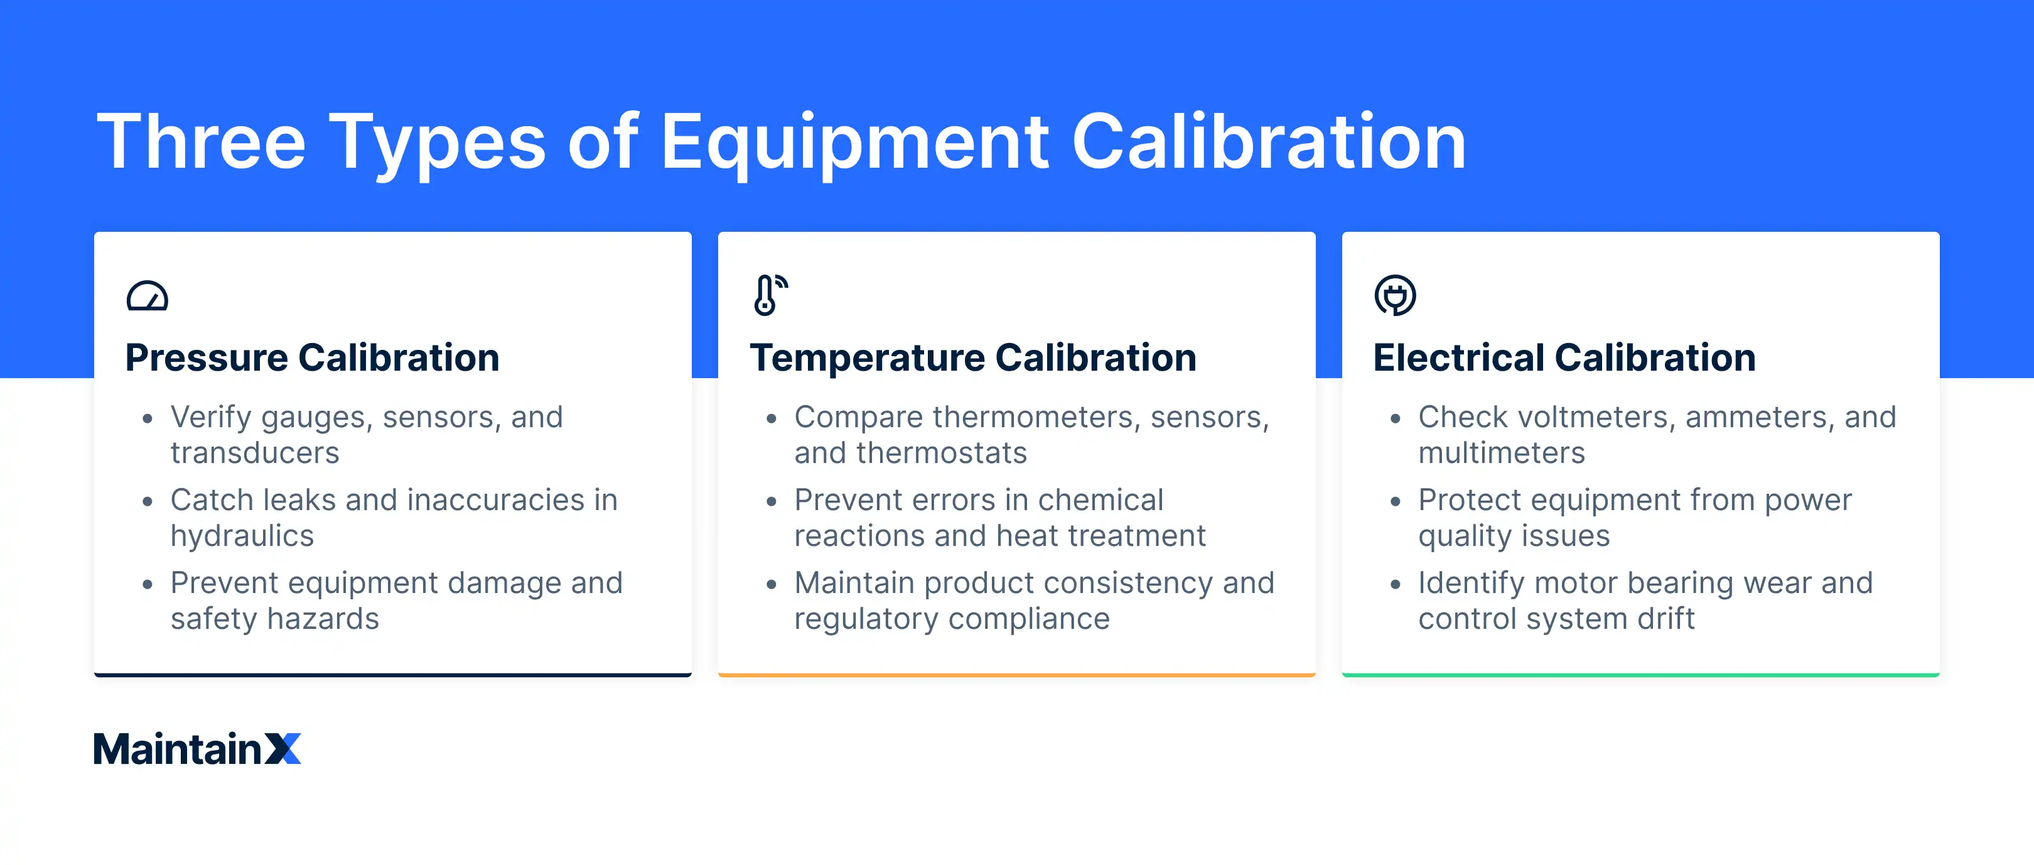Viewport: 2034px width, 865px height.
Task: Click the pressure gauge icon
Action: tap(147, 296)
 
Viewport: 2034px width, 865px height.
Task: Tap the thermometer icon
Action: tap(768, 295)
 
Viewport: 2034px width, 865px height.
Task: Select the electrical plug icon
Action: tap(1394, 295)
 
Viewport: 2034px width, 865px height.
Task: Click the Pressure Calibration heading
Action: tap(312, 358)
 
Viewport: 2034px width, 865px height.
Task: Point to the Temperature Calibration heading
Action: tap(973, 358)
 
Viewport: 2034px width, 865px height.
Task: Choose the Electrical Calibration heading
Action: tap(1564, 358)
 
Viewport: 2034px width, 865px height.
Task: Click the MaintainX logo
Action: tap(197, 748)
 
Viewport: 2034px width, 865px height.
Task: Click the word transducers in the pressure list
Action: tap(254, 454)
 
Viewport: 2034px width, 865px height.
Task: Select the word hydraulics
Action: tap(242, 536)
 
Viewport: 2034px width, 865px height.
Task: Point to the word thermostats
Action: tap(941, 454)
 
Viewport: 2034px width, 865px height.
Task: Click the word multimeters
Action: tap(1501, 454)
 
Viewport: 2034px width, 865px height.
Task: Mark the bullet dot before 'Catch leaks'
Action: tap(148, 502)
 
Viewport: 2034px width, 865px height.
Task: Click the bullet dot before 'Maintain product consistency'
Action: tap(772, 585)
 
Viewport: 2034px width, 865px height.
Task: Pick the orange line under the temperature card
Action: tap(1016, 675)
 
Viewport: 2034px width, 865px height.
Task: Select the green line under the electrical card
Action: tap(1640, 675)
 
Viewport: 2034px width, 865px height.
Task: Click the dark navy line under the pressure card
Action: tap(392, 675)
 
